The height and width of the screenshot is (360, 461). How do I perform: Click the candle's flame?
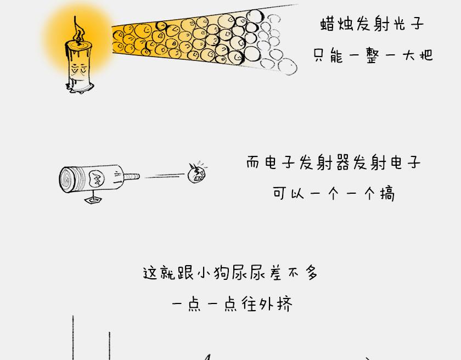click(x=77, y=30)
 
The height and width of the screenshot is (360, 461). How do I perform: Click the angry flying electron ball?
click(x=197, y=173)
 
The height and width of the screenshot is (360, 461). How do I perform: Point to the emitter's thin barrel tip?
click(x=133, y=177)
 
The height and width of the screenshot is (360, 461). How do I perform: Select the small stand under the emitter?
click(x=92, y=200)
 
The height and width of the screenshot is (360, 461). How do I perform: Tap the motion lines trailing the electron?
click(x=165, y=176)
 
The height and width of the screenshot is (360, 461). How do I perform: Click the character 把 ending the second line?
click(x=425, y=55)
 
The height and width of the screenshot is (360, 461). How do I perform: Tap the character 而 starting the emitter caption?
click(x=253, y=163)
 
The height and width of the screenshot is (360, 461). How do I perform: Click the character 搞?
click(x=387, y=194)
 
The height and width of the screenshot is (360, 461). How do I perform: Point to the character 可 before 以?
click(x=280, y=194)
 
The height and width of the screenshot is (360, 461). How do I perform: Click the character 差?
click(x=275, y=273)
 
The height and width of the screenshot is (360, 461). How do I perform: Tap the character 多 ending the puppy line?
click(x=311, y=273)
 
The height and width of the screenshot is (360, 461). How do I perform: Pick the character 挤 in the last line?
click(x=284, y=304)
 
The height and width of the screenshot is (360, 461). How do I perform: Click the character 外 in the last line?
click(x=267, y=304)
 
